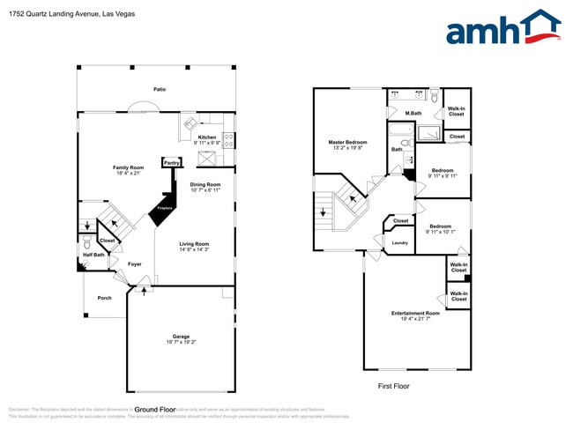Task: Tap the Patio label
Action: (159, 90)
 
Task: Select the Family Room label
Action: (127, 168)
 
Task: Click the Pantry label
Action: (171, 162)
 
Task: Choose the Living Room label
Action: (194, 244)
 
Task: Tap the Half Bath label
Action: (93, 256)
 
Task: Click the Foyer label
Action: (135, 263)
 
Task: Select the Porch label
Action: (105, 298)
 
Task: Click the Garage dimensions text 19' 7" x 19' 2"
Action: (182, 342)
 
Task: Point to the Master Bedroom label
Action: (347, 142)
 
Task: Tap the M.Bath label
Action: (413, 114)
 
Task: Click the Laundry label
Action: (399, 241)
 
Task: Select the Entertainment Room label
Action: (415, 313)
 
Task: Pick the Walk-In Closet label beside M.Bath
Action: (456, 112)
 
